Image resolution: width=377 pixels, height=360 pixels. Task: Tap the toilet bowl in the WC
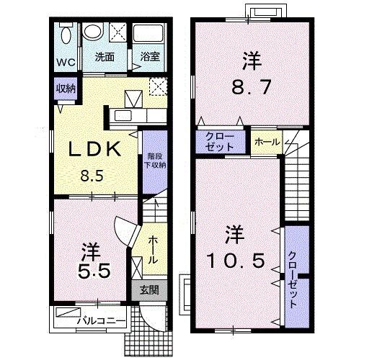coord(65,35)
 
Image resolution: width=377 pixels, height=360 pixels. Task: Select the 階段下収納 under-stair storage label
coord(152,161)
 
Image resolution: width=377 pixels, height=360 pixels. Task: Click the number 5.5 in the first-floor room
coord(94,271)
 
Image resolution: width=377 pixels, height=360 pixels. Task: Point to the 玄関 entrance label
coord(149,291)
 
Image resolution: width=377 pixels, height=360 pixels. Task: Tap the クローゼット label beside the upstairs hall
coord(220,140)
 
